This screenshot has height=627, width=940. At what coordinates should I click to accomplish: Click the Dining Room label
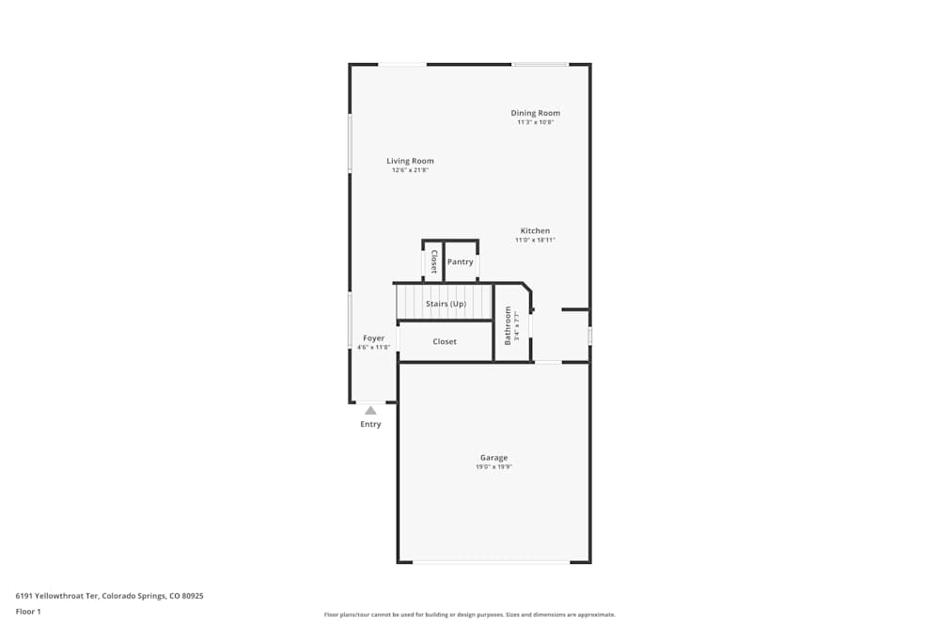point(536,113)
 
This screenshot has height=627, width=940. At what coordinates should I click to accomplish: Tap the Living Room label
point(410,161)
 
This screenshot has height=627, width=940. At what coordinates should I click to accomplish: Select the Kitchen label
point(535,231)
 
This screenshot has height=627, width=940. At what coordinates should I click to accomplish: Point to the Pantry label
point(460,262)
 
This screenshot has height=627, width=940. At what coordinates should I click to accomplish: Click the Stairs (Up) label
point(446,304)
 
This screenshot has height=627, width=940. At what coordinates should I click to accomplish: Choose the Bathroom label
point(508,325)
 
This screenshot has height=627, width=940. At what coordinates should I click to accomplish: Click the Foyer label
point(373,338)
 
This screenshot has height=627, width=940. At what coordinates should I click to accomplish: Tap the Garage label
point(493,458)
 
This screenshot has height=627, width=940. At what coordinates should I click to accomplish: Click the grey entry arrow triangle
point(370,410)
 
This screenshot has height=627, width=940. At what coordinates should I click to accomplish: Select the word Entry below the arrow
point(370,424)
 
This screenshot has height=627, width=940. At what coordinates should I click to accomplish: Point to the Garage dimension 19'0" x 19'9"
point(493,467)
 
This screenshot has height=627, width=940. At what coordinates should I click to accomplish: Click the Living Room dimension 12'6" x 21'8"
point(410,170)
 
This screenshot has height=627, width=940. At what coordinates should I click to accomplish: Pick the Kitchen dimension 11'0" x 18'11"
point(535,240)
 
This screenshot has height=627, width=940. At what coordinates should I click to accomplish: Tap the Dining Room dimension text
point(536,122)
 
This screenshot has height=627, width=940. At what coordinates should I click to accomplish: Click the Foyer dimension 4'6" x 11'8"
point(373,347)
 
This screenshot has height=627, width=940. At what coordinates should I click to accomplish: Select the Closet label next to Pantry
point(433,261)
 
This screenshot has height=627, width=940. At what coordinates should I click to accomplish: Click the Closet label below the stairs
point(445,341)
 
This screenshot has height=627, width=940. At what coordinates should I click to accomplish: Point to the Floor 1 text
point(28,612)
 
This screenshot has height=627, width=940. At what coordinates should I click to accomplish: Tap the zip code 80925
point(193,596)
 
